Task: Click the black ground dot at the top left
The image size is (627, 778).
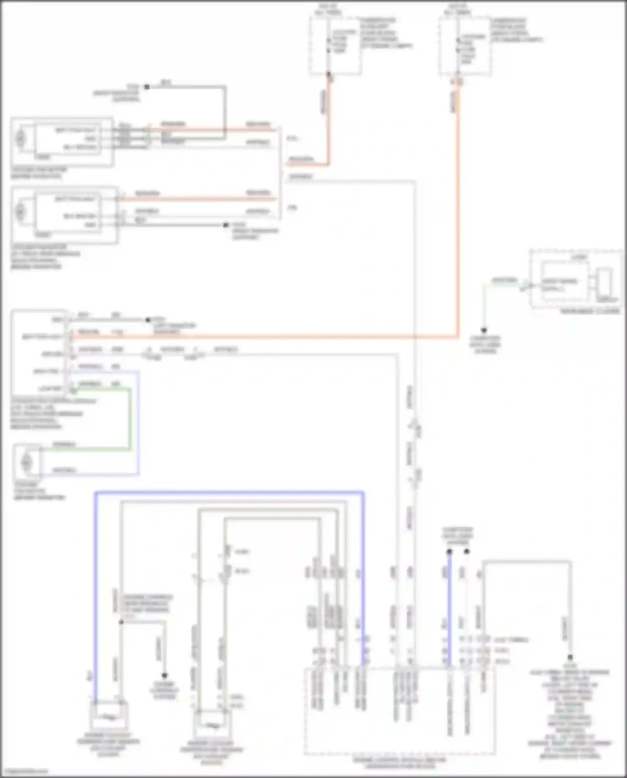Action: (147, 87)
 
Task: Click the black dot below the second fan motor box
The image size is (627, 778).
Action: (226, 225)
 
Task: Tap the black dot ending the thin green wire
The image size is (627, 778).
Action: (484, 330)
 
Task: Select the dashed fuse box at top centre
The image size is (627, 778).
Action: (335, 46)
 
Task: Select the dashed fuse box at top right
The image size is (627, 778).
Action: (465, 46)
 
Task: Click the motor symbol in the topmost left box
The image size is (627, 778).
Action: (20, 138)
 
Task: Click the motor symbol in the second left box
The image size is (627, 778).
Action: (20, 212)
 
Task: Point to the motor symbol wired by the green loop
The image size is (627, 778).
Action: (26, 462)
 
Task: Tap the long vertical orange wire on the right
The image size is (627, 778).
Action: (458, 209)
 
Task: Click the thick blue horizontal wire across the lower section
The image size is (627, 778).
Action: (230, 493)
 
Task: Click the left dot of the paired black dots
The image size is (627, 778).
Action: (449, 552)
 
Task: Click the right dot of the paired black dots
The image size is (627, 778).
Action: (467, 552)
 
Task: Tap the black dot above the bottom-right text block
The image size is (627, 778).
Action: (570, 658)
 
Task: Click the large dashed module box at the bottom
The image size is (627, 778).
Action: (399, 711)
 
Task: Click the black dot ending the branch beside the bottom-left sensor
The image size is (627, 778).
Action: (164, 676)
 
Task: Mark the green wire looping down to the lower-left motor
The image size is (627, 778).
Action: (130, 418)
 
